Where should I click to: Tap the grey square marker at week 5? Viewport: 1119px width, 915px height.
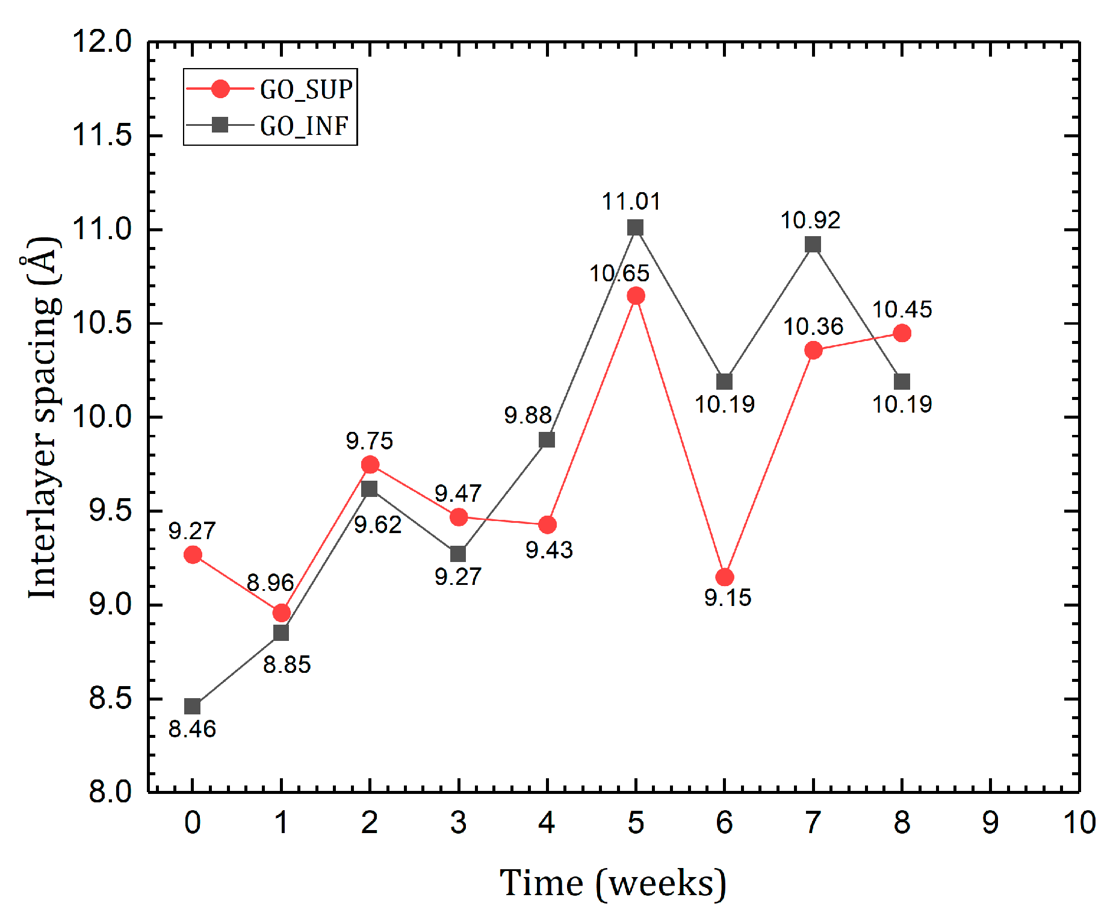pos(635,227)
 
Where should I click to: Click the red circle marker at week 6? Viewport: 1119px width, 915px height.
pos(724,577)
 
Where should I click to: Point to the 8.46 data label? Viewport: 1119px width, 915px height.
pos(192,729)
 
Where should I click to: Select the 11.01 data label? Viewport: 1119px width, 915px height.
pos(631,201)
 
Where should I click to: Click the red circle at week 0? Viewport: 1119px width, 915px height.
pos(193,555)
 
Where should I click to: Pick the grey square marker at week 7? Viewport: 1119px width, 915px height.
pos(813,244)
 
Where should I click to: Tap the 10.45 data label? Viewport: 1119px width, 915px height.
pos(902,310)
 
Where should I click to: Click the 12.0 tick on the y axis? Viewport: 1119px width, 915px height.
pos(102,42)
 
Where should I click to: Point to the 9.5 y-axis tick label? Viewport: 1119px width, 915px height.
pos(110,511)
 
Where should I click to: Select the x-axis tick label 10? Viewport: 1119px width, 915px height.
pos(1079,823)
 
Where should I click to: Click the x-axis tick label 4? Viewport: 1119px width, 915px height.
pos(547,823)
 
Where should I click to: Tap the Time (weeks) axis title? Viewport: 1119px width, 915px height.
pos(613,883)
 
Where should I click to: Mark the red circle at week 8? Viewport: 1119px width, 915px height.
pos(902,333)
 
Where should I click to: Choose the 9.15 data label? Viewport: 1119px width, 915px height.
pos(728,598)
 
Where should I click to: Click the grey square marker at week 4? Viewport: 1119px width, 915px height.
pos(547,440)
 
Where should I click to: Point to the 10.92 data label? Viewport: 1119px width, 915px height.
pos(810,220)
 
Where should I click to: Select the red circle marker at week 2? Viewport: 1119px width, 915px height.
pos(370,464)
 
